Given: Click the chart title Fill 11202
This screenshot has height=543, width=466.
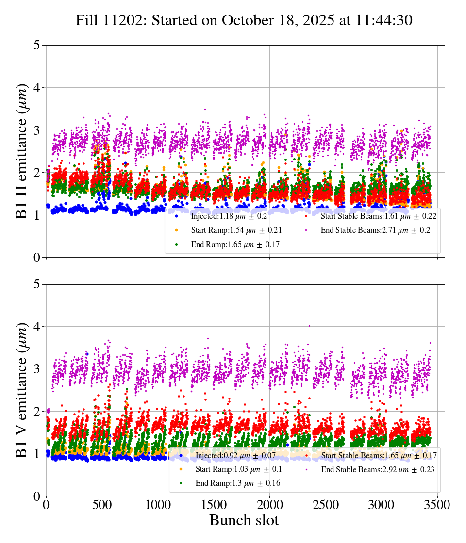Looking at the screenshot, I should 244,20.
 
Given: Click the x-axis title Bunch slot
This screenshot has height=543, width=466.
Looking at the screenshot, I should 244,520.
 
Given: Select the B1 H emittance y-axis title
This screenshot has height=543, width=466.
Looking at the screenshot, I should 22,151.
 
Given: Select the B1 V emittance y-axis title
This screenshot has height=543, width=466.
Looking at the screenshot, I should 22,390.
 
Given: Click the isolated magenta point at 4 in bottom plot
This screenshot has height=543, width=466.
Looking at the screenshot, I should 309,326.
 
